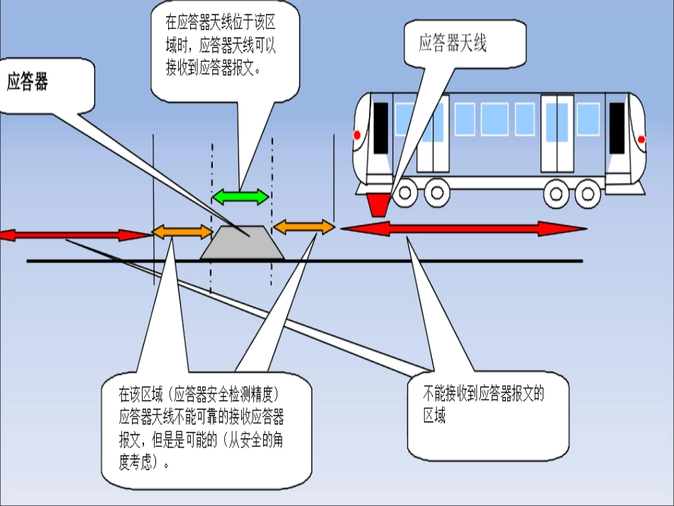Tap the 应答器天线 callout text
(x=453, y=44)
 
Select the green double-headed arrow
(x=241, y=197)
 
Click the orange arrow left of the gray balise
(x=182, y=231)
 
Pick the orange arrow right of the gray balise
(x=304, y=227)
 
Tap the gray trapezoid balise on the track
(x=242, y=243)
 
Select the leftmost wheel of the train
(x=406, y=192)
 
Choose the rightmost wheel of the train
(x=587, y=192)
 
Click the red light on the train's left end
(x=357, y=135)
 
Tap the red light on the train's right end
(x=642, y=139)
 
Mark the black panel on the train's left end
(x=381, y=128)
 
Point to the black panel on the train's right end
(x=617, y=128)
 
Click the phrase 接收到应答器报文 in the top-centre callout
(x=210, y=68)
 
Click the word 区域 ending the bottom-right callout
(x=434, y=416)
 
